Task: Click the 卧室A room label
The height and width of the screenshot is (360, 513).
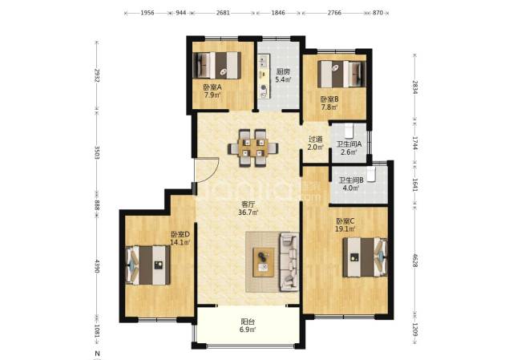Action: click(x=212, y=87)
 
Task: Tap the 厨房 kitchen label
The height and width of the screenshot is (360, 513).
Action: click(x=283, y=71)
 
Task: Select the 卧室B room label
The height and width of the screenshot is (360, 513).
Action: click(x=329, y=99)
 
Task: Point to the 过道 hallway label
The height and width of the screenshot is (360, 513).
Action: click(x=316, y=140)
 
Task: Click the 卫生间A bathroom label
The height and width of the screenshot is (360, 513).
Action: click(x=349, y=144)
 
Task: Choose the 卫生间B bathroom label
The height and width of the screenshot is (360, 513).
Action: click(x=351, y=180)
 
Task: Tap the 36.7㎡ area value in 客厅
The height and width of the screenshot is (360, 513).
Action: click(x=248, y=212)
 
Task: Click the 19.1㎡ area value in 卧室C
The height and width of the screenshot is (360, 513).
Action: click(x=345, y=229)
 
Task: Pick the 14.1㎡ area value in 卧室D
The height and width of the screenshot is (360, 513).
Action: click(x=180, y=242)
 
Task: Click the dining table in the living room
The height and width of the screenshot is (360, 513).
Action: click(x=253, y=148)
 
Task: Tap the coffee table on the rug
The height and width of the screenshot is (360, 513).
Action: click(x=264, y=262)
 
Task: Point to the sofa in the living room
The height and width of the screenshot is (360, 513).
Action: click(x=289, y=262)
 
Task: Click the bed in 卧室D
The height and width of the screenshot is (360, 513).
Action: click(x=147, y=265)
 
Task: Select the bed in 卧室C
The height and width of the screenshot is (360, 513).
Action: click(x=366, y=257)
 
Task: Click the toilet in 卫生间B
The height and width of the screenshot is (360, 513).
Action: click(x=370, y=175)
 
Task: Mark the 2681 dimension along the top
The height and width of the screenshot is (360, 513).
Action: click(x=223, y=13)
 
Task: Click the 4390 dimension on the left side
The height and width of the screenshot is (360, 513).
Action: click(x=97, y=267)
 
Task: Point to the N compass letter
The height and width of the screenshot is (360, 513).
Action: click(x=97, y=354)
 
